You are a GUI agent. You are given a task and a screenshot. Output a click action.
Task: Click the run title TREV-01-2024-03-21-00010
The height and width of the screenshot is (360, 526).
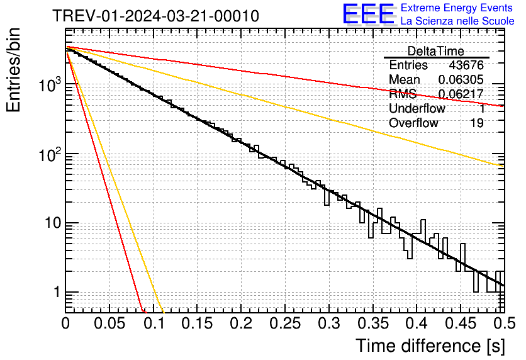155,16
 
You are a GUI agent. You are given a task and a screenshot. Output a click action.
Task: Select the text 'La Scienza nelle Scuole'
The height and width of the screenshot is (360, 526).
457,21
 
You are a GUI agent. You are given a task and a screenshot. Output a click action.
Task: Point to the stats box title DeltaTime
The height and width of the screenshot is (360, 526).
436,51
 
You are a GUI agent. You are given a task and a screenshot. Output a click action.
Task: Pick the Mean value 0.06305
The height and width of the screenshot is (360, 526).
461,80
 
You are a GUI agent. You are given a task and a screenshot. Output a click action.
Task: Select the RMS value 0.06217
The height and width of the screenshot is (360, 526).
461,94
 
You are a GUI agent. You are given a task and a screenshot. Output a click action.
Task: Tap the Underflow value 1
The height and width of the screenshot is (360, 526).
481,109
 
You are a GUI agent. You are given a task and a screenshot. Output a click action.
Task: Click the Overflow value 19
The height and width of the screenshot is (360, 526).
477,123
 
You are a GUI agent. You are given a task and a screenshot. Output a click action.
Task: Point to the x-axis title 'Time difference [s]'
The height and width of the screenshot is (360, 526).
428,346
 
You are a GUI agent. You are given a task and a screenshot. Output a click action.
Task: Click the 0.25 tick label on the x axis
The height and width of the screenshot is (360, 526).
283,324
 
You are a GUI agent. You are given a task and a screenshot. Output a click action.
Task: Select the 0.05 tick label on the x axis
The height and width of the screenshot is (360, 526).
108,324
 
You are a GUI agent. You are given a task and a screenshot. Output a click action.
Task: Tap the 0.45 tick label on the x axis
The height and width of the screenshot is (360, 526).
458,324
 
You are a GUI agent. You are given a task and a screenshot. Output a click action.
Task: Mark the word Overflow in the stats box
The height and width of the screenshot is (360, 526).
413,123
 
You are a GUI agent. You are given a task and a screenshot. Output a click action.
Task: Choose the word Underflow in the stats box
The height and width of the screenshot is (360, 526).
417,109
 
